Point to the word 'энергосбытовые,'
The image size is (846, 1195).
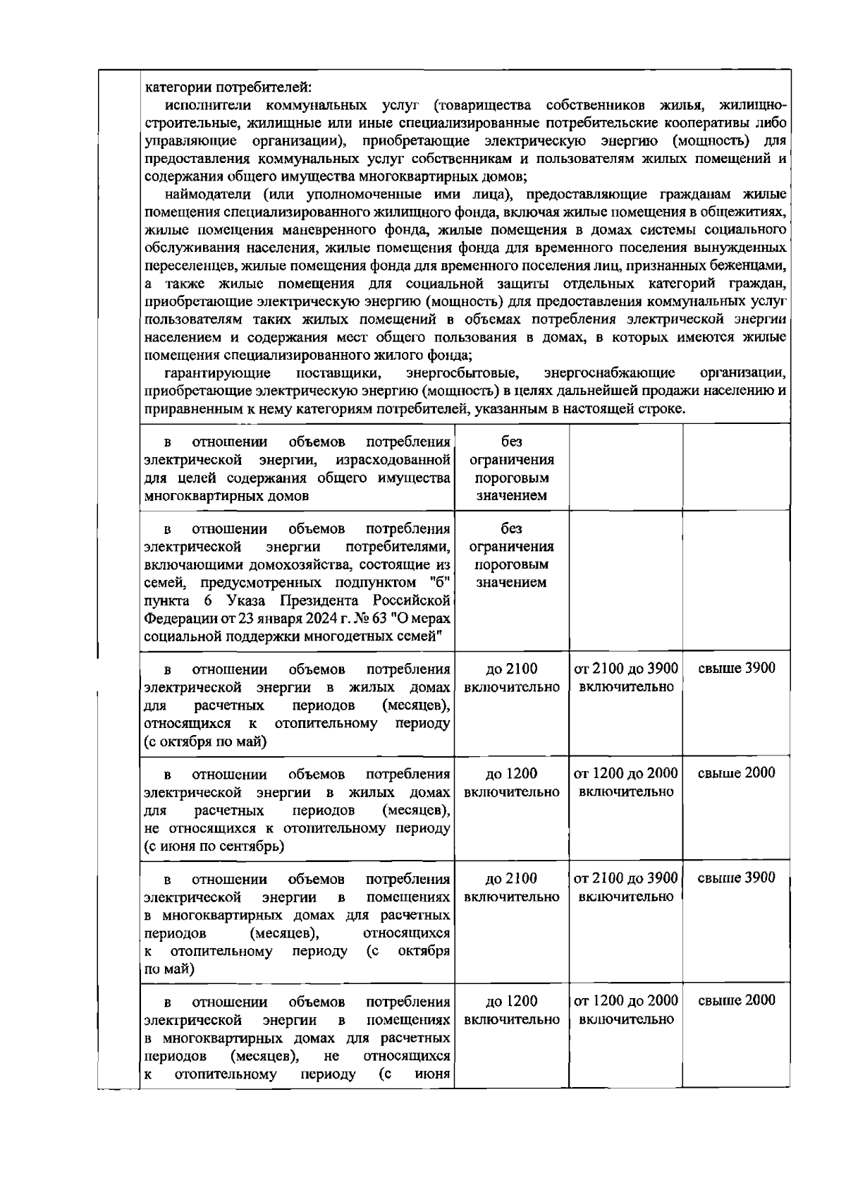(x=462, y=372)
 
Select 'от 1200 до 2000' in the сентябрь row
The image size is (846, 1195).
(x=626, y=773)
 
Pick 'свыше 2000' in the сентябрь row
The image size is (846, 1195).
(x=736, y=773)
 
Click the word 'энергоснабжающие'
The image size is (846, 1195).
(x=610, y=372)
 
